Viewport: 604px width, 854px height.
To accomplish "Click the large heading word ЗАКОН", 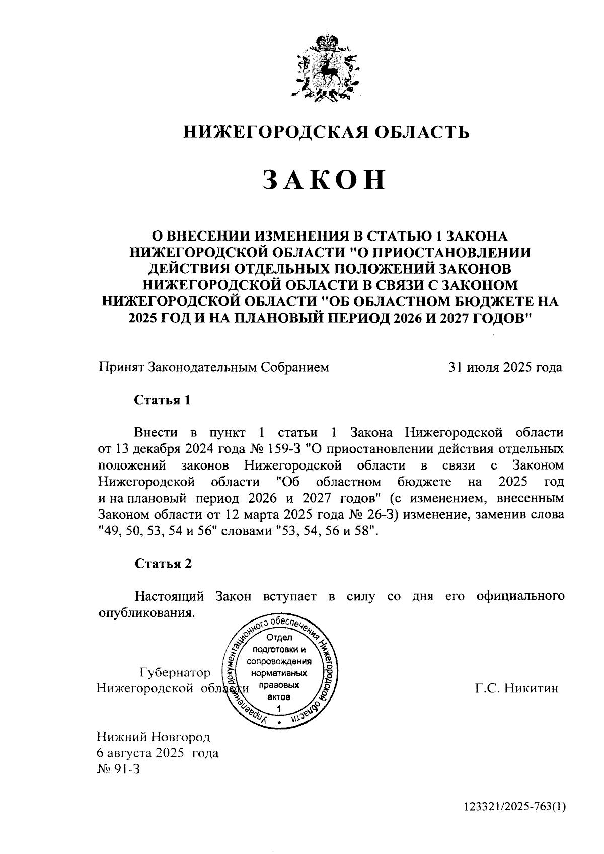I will [325, 180].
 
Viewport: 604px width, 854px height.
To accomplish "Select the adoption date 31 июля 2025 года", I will [505, 367].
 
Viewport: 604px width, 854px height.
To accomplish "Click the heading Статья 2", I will [163, 564].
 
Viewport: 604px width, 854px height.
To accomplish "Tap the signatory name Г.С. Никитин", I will [516, 688].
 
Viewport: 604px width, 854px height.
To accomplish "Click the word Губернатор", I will [175, 673].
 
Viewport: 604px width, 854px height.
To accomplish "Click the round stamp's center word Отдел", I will [280, 637].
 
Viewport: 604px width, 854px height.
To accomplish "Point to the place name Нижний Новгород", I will [153, 738].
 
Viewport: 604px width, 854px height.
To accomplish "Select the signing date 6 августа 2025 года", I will [157, 753].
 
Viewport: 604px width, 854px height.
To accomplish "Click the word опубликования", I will [145, 613].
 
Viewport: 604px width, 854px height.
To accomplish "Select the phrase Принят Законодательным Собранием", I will [213, 367].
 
